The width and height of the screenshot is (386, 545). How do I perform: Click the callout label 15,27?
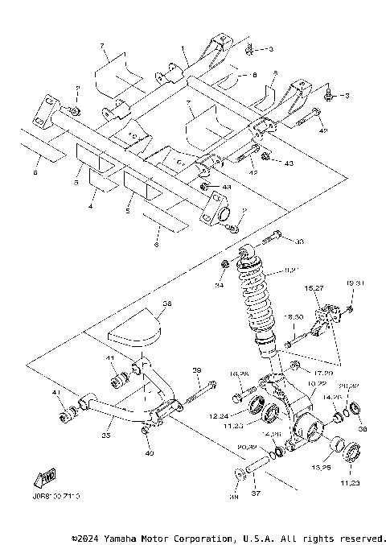click(x=312, y=287)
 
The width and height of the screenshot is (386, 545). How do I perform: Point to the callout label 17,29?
click(x=302, y=374)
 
